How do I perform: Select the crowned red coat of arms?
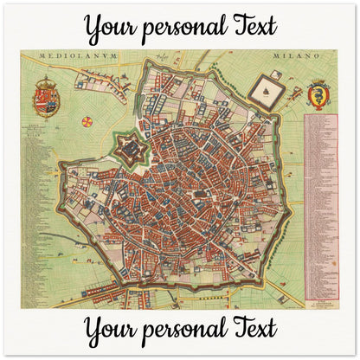tap(46, 97)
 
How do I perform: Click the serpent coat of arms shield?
tap(318, 93)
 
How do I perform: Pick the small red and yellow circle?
tap(87, 121)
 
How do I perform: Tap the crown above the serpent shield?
tap(318, 83)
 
